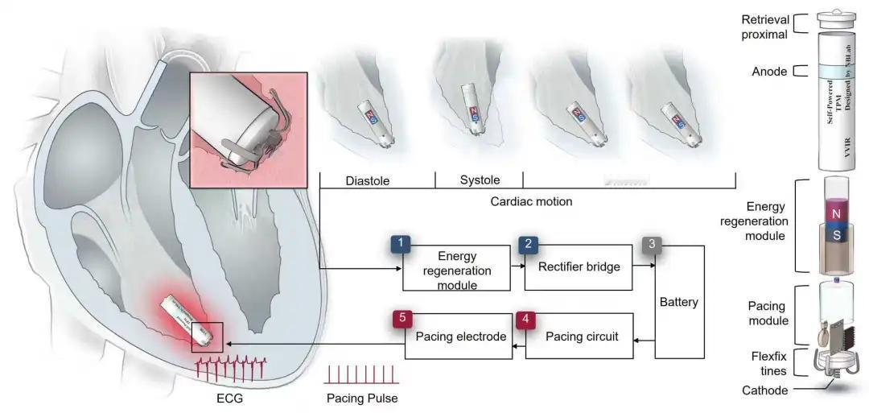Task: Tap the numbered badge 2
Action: pyautogui.click(x=528, y=244)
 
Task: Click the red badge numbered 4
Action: pyautogui.click(x=525, y=318)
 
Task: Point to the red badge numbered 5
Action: pyautogui.click(x=401, y=318)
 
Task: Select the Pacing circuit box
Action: pyautogui.click(x=582, y=337)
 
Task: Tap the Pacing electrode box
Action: pyautogui.click(x=460, y=337)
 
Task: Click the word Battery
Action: pyautogui.click(x=678, y=303)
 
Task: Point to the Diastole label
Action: pyautogui.click(x=366, y=181)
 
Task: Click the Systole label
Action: pyautogui.click(x=479, y=180)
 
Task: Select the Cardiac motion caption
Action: pyautogui.click(x=531, y=201)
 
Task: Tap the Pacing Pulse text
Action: pyautogui.click(x=362, y=398)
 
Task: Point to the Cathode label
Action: pyautogui.click(x=764, y=390)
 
